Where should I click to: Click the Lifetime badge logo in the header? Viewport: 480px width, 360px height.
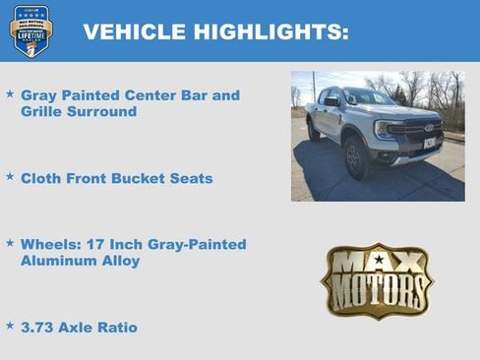tap(30, 30)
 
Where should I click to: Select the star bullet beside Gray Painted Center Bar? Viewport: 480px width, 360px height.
tap(10, 95)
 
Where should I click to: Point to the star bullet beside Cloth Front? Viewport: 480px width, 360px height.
tap(10, 178)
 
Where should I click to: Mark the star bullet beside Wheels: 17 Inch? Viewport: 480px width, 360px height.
tap(10, 242)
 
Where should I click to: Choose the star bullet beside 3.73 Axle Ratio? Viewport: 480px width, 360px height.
tap(10, 326)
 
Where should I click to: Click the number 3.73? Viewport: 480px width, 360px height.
tap(38, 327)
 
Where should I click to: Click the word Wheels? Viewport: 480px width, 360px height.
tap(48, 244)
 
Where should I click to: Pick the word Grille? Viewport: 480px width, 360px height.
tap(42, 112)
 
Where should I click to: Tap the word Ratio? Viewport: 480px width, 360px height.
tap(116, 327)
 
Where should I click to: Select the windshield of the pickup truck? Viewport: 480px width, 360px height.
tap(368, 98)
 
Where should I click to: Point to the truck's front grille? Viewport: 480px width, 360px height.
tap(416, 130)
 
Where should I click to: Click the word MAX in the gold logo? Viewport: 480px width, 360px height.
tap(377, 263)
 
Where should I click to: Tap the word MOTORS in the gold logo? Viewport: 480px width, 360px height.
tap(377, 292)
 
